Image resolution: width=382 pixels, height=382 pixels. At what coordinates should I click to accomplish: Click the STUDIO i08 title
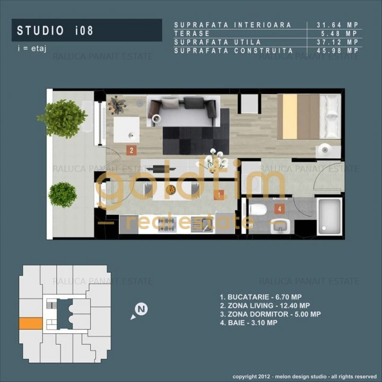pos(55,31)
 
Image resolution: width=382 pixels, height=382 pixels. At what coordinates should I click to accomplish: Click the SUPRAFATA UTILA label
pos(217,42)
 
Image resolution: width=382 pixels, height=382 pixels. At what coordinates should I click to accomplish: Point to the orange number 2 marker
pos(132,150)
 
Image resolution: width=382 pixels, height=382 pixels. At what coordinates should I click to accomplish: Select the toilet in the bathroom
pos(258,210)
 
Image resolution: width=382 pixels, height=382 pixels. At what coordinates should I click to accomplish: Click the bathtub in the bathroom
pos(329,216)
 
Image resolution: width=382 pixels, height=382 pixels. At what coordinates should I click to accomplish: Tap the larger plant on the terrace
pos(62,117)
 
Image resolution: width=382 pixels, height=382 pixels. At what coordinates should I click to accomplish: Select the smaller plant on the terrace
pos(63,194)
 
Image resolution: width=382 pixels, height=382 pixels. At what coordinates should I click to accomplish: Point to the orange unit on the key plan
pos(30,324)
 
